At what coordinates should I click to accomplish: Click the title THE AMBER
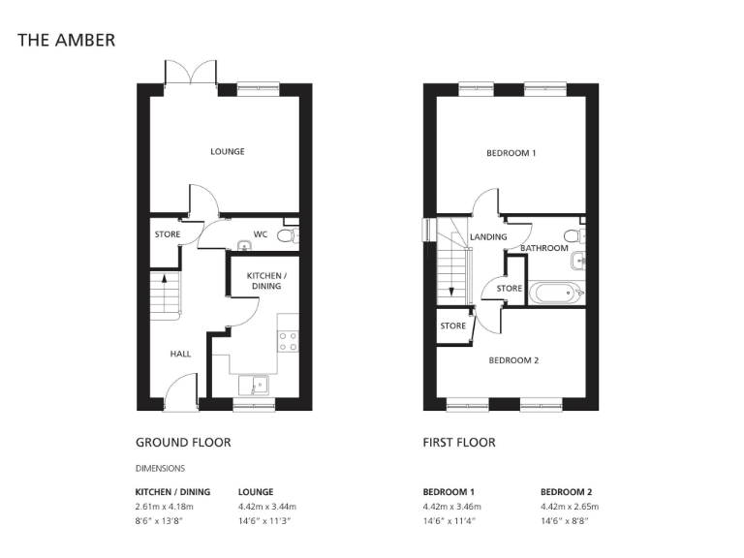(67, 41)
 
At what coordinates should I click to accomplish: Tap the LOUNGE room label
(228, 152)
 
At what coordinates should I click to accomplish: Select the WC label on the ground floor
(261, 234)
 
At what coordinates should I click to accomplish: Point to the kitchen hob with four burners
(288, 341)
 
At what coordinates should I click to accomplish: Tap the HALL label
(180, 354)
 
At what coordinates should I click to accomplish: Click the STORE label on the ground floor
(168, 234)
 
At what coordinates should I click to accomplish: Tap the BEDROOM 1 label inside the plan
(511, 153)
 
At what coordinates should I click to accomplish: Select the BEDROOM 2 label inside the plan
(512, 360)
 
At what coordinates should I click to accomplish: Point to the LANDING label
(488, 237)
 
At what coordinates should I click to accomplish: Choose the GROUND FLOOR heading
(183, 443)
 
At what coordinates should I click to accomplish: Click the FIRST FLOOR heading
(459, 443)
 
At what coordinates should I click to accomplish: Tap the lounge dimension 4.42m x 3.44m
(266, 507)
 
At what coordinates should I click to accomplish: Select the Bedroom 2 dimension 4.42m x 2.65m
(570, 507)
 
